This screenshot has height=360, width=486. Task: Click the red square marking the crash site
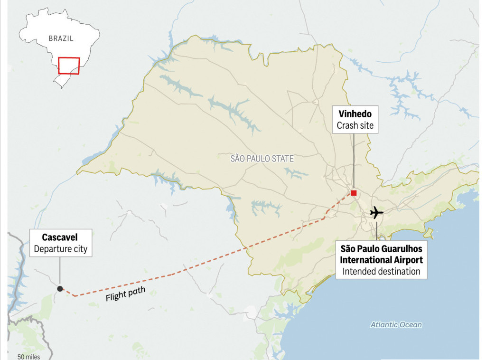pos(354,193)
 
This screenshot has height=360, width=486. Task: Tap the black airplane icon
pos(376,212)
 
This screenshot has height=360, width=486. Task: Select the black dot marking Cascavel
pos(60,288)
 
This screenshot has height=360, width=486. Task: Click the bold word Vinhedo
pos(355,114)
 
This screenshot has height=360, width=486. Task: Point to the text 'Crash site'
pos(355,126)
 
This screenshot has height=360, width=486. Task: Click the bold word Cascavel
pos(60,237)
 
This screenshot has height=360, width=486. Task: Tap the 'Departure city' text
pos(60,249)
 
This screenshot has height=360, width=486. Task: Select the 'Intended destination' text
pos(382,271)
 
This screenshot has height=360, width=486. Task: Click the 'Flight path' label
pos(125,294)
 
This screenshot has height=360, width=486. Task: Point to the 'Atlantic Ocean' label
pos(396,325)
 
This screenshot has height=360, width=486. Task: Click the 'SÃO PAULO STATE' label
pos(262,159)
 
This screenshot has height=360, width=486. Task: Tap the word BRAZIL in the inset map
pos(61,38)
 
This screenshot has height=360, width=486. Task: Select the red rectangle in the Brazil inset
pos(69,66)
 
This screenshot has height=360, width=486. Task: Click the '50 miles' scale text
pos(28,357)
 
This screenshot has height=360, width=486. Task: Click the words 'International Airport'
pos(382,260)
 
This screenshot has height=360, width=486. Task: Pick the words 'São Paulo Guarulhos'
pos(382,248)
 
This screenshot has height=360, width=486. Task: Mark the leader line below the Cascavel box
pos(60,271)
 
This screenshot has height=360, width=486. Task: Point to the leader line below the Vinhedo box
pos(354,161)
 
